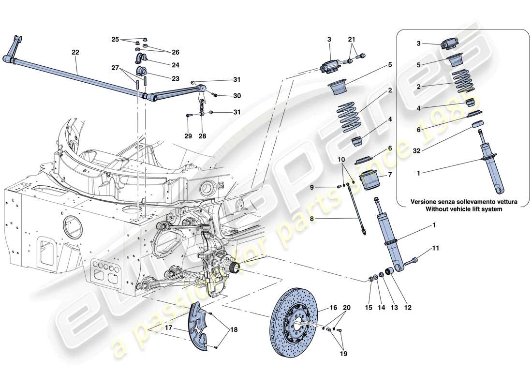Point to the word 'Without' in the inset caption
(439, 209)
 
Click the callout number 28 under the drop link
(202, 136)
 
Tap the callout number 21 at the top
(351, 39)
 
